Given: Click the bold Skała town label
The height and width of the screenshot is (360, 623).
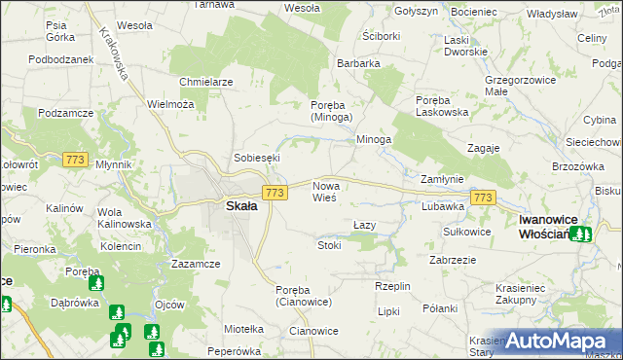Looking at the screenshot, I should click(241, 206).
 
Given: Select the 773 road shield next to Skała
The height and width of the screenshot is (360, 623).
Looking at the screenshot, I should click(275, 194).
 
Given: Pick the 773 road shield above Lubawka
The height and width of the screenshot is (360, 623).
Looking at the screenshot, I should click(483, 198).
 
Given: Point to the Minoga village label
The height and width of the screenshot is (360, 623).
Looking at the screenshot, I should click(374, 140).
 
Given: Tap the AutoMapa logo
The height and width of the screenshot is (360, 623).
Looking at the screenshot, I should click(559, 342).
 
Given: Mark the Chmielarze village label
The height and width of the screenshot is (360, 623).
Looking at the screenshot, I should click(206, 82).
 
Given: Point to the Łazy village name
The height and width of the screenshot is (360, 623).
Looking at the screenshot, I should click(364, 225).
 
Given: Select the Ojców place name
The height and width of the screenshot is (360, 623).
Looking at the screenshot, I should click(169, 304).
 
